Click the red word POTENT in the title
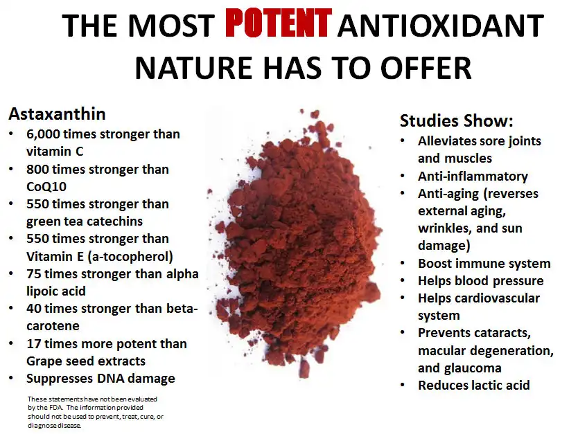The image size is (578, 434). [x=277, y=25]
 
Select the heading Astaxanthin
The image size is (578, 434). [x=57, y=114]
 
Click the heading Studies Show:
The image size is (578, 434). [x=456, y=121]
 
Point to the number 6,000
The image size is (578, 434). [x=46, y=134]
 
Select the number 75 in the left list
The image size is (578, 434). [x=34, y=273]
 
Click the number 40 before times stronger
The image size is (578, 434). [x=34, y=309]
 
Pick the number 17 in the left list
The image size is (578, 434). [x=34, y=344]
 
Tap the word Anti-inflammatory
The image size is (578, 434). [x=473, y=177]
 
